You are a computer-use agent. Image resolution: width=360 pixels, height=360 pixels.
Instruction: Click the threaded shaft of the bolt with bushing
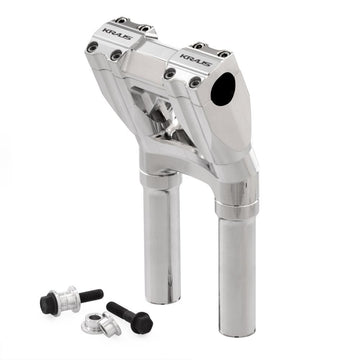(90, 293)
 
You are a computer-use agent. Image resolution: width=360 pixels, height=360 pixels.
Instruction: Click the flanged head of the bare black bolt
(140, 322)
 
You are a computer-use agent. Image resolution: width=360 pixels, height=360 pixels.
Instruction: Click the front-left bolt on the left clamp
(93, 46)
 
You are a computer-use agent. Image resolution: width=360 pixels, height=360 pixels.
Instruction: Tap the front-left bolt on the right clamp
(169, 73)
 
